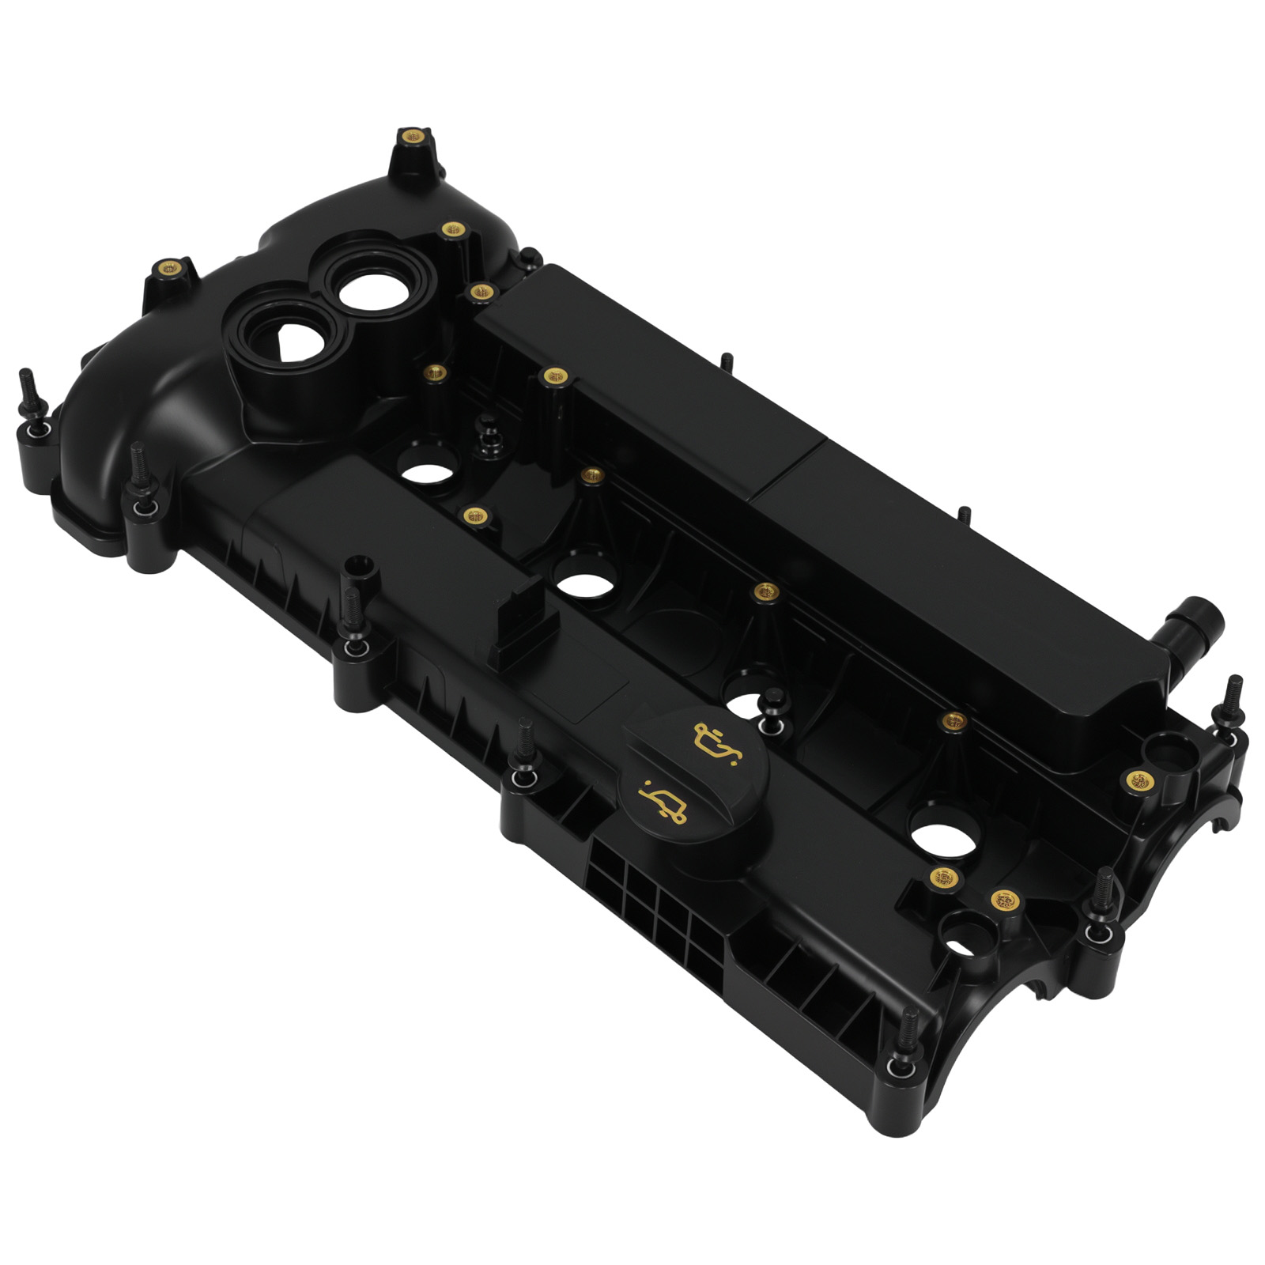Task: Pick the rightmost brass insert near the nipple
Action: click(1138, 781)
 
